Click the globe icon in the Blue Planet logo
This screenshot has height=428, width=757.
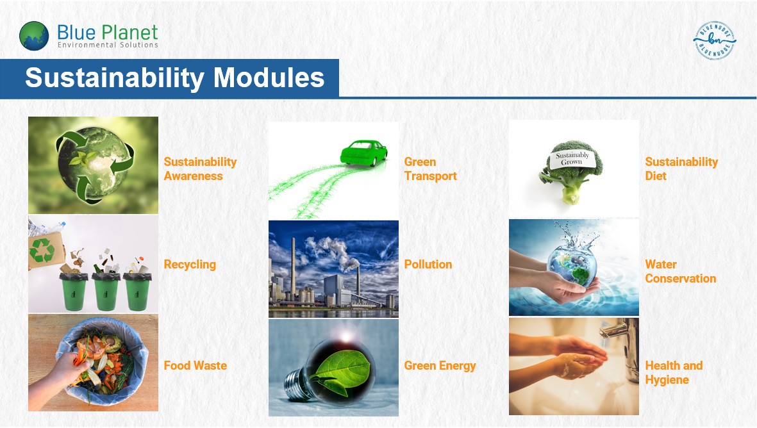click(34, 36)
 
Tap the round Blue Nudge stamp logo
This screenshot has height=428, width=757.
click(715, 40)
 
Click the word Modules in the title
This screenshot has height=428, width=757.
click(269, 77)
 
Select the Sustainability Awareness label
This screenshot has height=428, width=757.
click(200, 169)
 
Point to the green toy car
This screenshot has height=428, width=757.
click(363, 152)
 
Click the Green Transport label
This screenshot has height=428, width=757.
click(430, 169)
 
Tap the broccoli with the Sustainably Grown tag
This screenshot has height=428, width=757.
click(571, 171)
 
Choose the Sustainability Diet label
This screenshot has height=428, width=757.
click(681, 169)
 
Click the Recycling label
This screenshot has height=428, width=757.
click(190, 265)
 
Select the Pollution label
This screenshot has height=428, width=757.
click(428, 265)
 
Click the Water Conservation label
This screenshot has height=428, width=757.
click(680, 271)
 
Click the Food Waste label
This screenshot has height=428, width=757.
click(195, 366)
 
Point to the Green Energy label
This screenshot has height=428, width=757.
click(440, 366)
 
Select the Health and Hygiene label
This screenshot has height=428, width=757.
click(674, 372)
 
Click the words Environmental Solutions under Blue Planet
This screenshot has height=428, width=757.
click(108, 45)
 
